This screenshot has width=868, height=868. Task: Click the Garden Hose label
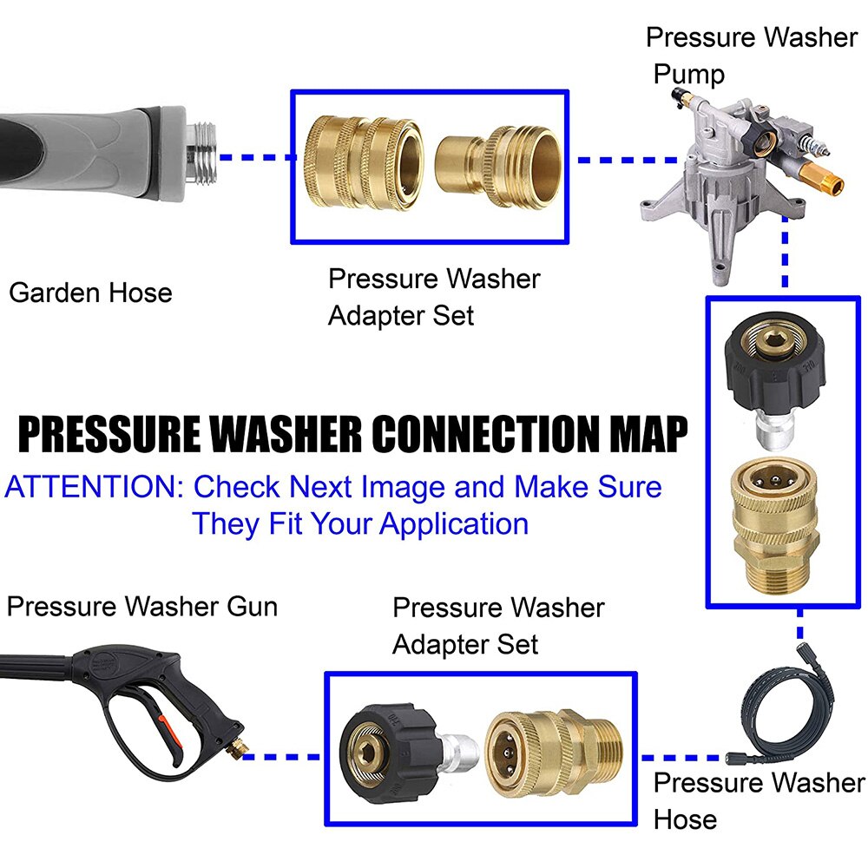point(90,293)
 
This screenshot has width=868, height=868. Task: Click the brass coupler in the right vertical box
point(782,529)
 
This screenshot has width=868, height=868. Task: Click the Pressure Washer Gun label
point(141,606)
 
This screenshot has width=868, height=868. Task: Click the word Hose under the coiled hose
point(685,819)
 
